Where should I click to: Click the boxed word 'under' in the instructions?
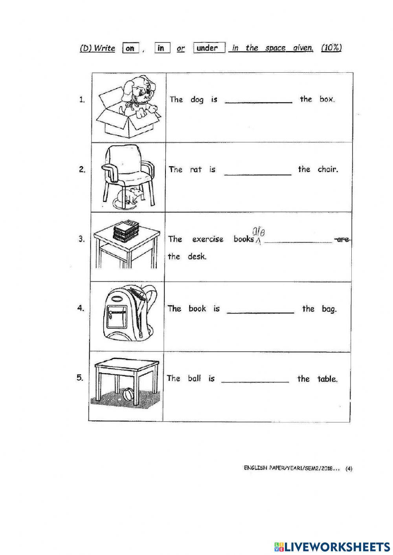[209, 48]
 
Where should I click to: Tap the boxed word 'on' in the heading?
[130, 48]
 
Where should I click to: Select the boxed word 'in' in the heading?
[162, 48]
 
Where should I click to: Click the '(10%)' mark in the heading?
[331, 48]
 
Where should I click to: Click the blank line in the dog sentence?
[258, 102]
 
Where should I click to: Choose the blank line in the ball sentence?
[255, 382]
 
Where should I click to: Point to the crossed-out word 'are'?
[342, 239]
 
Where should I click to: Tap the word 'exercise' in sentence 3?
[208, 239]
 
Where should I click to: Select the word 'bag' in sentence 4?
[329, 309]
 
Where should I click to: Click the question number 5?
[80, 378]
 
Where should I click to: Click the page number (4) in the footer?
[349, 468]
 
